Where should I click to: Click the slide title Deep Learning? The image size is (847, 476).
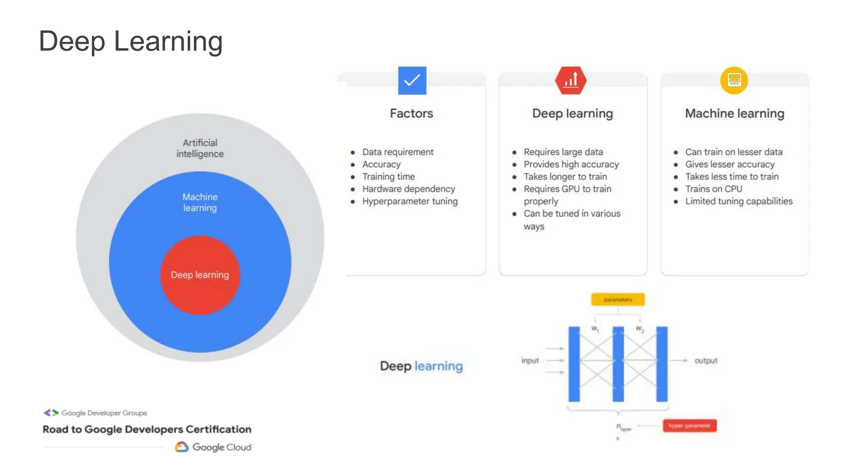tap(131, 41)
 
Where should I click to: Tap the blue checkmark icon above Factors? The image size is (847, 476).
tap(412, 81)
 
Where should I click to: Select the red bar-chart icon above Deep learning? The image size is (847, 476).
tap(571, 80)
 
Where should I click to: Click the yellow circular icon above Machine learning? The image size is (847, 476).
tap(734, 80)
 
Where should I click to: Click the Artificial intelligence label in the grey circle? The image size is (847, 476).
tap(200, 148)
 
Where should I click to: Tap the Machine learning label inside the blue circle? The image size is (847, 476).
tap(200, 202)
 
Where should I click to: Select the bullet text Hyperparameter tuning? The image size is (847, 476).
tap(410, 201)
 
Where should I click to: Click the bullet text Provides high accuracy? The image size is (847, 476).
tap(571, 164)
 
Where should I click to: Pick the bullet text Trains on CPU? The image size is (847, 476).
tap(713, 189)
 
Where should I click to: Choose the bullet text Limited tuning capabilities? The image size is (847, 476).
tap(739, 201)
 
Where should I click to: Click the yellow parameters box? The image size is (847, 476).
tap(617, 300)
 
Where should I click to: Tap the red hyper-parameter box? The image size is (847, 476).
tap(689, 426)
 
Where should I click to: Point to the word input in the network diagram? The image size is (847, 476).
tap(530, 361)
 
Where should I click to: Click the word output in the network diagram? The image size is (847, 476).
tap(706, 361)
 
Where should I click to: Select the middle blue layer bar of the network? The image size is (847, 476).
tap(618, 364)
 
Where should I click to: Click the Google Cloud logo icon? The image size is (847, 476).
tap(182, 447)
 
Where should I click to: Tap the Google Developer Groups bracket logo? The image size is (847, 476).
tap(51, 413)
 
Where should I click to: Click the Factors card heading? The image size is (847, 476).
tap(412, 114)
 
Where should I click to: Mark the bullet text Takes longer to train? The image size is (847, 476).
tap(565, 177)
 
